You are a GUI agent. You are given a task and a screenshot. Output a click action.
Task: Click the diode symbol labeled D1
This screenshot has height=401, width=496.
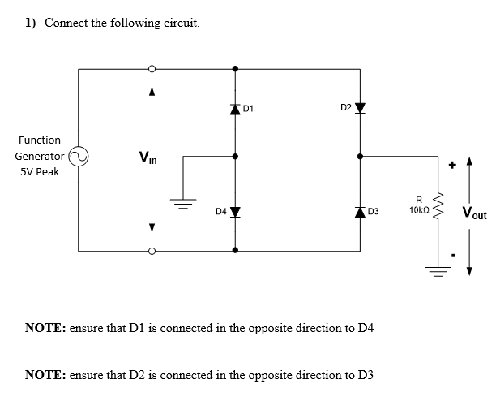pyautogui.click(x=235, y=110)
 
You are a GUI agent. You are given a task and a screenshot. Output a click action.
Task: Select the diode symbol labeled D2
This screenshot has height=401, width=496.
pyautogui.click(x=360, y=108)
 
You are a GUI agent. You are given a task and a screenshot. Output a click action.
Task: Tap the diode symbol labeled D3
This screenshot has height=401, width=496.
pyautogui.click(x=360, y=212)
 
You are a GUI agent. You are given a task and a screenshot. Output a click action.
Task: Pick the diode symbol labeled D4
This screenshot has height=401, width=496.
pyautogui.click(x=235, y=212)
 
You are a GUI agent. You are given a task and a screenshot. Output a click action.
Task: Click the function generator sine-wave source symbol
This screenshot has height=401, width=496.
pyautogui.click(x=79, y=157)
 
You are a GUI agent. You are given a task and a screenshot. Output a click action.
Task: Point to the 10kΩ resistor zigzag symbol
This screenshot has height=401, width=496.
pyautogui.click(x=438, y=206)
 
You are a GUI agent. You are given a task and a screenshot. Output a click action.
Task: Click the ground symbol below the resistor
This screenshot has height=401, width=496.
pyautogui.click(x=438, y=271)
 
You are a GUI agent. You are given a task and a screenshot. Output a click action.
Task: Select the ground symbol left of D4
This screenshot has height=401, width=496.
pyautogui.click(x=183, y=204)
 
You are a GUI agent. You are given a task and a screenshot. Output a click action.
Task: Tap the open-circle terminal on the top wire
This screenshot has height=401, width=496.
pyautogui.click(x=152, y=69)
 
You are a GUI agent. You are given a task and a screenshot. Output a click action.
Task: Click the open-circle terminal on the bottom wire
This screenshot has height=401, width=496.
pyautogui.click(x=152, y=251)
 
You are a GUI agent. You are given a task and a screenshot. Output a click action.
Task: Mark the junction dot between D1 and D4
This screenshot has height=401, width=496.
pyautogui.click(x=235, y=157)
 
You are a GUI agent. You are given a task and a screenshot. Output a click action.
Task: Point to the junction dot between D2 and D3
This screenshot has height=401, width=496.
pyautogui.click(x=360, y=157)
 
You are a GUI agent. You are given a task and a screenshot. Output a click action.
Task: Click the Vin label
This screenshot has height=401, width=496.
pyautogui.click(x=148, y=157)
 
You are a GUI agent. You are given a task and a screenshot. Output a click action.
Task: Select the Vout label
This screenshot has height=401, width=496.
pyautogui.click(x=474, y=213)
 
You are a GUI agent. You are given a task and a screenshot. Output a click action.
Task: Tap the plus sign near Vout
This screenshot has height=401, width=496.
pyautogui.click(x=453, y=165)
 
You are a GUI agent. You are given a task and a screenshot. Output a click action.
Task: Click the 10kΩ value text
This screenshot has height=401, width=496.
pyautogui.click(x=419, y=210)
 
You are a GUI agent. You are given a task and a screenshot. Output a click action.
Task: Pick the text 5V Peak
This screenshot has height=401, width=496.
pyautogui.click(x=40, y=171)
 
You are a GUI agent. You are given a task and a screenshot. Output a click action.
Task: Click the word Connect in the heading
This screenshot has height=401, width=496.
pyautogui.click(x=66, y=23)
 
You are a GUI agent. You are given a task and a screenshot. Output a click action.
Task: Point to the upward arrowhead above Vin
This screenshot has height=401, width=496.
pyautogui.click(x=152, y=91)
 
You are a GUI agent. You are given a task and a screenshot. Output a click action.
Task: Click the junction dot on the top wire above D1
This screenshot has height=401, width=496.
pyautogui.click(x=235, y=69)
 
